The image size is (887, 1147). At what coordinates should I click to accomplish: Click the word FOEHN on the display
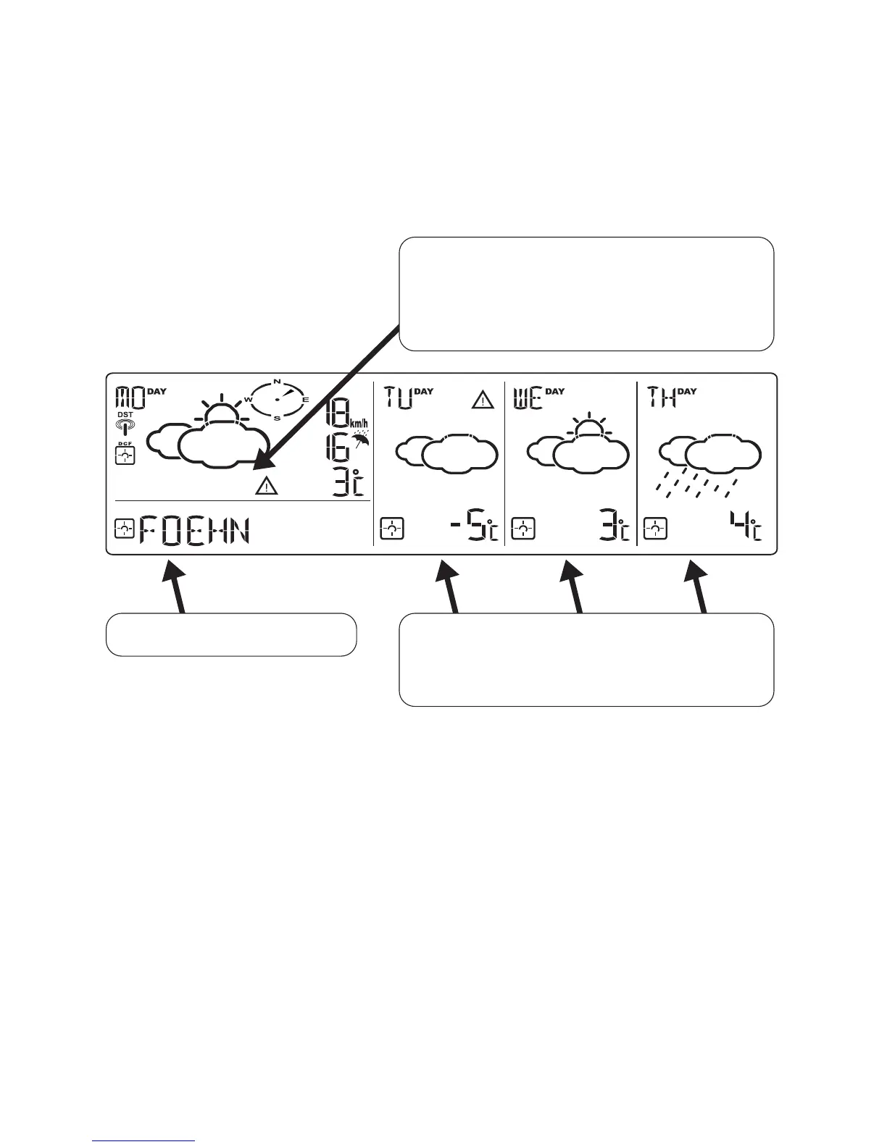194,530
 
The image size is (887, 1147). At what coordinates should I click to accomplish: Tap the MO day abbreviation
130,398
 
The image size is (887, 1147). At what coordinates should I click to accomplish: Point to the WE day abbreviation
528,398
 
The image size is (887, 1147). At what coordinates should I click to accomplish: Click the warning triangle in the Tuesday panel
483,399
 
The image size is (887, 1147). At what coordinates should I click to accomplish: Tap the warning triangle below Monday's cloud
267,486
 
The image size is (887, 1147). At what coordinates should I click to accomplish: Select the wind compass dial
277,399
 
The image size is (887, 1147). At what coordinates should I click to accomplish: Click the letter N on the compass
277,381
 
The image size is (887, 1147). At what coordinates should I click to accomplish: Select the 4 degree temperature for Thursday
745,526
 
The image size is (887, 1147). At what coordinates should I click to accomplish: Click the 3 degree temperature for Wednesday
612,529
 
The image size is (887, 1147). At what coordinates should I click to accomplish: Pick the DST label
125,415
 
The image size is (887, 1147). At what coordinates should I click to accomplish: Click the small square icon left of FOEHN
125,529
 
